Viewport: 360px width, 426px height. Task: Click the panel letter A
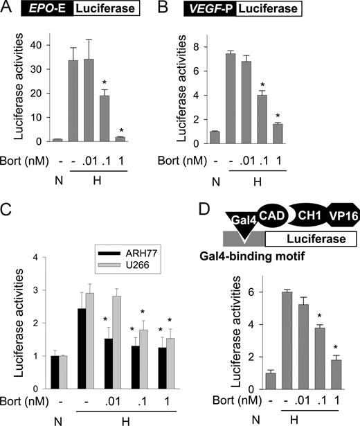[8, 8]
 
